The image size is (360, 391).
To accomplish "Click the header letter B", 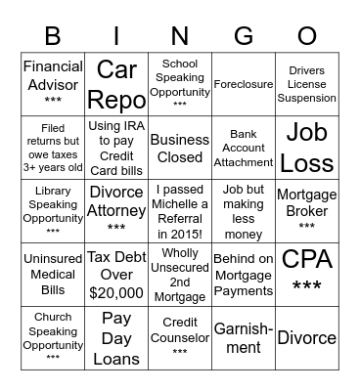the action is tap(53, 36).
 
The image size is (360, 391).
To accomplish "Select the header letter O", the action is tap(307, 36).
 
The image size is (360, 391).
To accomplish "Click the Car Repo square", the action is tap(116, 85).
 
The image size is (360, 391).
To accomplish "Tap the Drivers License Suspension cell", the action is tap(307, 85).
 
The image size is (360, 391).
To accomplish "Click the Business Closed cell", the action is tap(180, 148).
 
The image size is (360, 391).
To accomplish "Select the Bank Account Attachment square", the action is tap(244, 148).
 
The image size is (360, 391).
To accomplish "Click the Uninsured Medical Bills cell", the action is tap(53, 275).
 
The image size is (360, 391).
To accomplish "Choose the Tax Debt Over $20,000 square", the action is tap(116, 275).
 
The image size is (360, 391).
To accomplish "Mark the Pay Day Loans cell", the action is tap(116, 337).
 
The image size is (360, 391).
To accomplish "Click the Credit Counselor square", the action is tap(180, 337).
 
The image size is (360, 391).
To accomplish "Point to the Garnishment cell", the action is tap(244, 337).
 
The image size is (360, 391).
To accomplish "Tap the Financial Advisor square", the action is tap(53, 85).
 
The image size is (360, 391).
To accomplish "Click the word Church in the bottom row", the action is tap(53, 318).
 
